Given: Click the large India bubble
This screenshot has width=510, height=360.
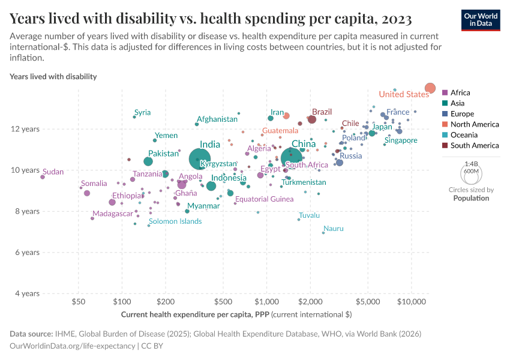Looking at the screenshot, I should pos(199,159).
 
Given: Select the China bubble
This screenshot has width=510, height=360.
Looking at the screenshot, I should pos(291,158).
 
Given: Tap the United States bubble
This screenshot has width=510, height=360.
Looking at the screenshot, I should pos(430,88).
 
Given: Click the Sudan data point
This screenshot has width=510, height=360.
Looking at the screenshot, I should pos(43,177).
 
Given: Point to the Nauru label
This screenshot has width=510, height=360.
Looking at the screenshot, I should pos(333,229).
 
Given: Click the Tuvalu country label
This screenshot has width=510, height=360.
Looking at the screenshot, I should pos(309,215).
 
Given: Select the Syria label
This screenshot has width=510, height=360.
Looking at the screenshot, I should pos(142,112).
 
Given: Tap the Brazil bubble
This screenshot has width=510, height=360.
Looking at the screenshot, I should pos(311,119).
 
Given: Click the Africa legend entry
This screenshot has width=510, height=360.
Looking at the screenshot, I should pos(460,92).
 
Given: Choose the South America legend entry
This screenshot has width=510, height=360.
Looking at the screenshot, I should pos(474,145).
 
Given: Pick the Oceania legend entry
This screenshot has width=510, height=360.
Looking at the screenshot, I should pos(464,134).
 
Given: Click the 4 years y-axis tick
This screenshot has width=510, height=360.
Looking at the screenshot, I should pos(27,293).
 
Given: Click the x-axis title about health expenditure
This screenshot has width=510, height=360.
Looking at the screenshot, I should pos(236,314).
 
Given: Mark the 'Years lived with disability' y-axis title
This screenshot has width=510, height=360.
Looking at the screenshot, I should pos(53,77).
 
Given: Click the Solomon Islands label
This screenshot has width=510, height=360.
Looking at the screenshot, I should pos(175,221).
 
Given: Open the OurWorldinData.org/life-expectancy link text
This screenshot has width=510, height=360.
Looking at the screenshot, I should pos(73,346).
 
